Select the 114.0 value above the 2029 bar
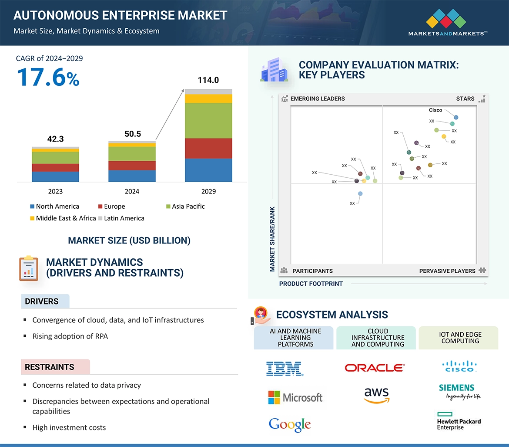click(x=208, y=80)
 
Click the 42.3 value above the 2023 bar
click(x=55, y=139)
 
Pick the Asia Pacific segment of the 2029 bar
click(x=208, y=121)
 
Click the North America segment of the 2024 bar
click(x=132, y=176)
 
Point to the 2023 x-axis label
click(x=55, y=191)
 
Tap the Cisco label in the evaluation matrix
click(x=435, y=110)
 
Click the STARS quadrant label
click(x=465, y=98)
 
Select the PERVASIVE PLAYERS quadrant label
click(x=447, y=271)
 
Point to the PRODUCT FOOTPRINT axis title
click(x=311, y=284)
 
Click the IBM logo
click(x=285, y=369)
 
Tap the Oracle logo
click(x=375, y=368)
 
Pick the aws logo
click(x=376, y=395)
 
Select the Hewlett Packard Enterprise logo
click(x=459, y=421)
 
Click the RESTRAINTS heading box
click(x=55, y=367)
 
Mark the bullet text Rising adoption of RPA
click(x=70, y=336)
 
